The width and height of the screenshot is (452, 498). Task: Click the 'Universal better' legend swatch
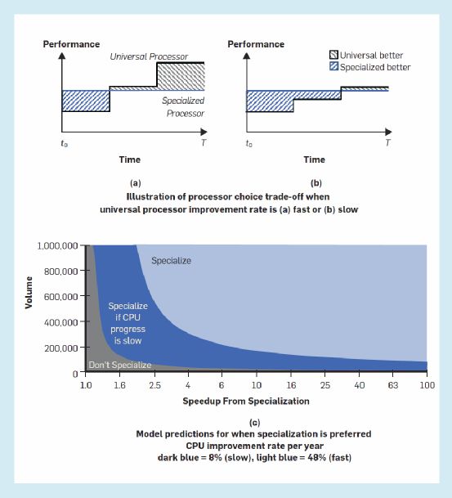point(333,55)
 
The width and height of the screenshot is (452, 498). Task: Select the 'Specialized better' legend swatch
point(333,66)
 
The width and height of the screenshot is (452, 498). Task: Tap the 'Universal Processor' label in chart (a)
point(149,56)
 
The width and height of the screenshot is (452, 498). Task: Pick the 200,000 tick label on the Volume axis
point(61,348)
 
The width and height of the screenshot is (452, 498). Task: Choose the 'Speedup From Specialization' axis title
point(246,402)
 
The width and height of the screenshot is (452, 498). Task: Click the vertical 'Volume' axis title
point(29,293)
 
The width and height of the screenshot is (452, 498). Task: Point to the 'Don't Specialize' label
point(120,365)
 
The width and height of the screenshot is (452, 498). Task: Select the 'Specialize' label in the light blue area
point(171,261)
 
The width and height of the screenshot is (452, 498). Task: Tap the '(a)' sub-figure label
point(136,183)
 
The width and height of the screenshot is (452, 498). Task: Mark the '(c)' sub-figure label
point(254,423)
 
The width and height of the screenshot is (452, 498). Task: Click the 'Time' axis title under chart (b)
point(314,159)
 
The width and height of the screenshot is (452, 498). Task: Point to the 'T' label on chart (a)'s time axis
point(204,142)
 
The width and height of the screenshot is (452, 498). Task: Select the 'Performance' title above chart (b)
point(256,44)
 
